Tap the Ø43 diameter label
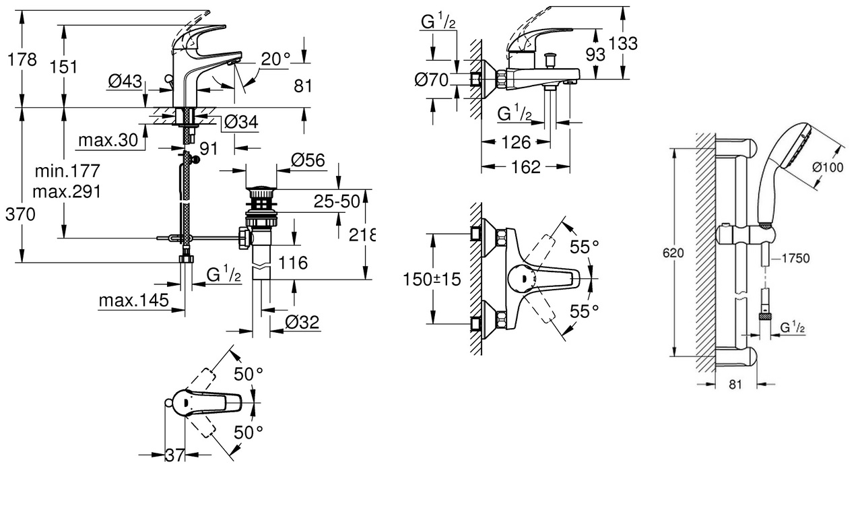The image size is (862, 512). (x=125, y=82)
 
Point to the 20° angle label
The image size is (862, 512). (x=275, y=59)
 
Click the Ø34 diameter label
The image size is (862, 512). (x=240, y=122)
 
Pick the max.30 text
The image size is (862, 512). (x=108, y=140)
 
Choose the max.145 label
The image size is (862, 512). (x=133, y=300)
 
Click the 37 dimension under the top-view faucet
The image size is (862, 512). (x=175, y=455)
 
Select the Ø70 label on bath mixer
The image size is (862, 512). (x=431, y=80)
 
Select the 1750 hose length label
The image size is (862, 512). (x=795, y=257)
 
